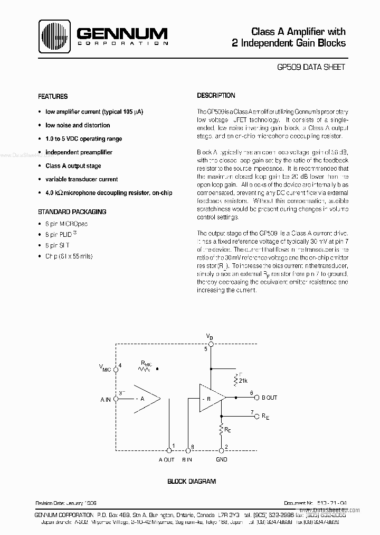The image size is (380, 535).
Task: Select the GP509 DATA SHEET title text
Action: pyautogui.click(x=311, y=67)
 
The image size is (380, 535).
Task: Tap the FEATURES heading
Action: pyautogui.click(x=53, y=97)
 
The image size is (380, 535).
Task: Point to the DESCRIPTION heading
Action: pyautogui.click(x=216, y=96)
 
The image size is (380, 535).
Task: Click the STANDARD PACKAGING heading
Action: pyautogui.click(x=72, y=211)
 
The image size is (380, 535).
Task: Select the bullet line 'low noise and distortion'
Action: pyautogui.click(x=78, y=125)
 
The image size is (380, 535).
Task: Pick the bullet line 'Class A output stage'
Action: pyautogui.click(x=73, y=166)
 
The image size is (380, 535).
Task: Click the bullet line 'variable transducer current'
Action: pyautogui.click(x=81, y=179)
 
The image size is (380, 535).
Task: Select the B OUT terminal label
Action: pyautogui.click(x=269, y=398)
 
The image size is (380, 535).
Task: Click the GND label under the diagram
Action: pyautogui.click(x=222, y=459)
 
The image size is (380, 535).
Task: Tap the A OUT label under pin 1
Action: pyautogui.click(x=166, y=459)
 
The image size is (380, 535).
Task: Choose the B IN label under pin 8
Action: pyautogui.click(x=187, y=459)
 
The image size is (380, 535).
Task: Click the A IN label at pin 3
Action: pyautogui.click(x=106, y=400)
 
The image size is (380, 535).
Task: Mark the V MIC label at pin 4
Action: pyautogui.click(x=106, y=368)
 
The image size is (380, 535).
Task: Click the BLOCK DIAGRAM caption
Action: pyautogui.click(x=192, y=482)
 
